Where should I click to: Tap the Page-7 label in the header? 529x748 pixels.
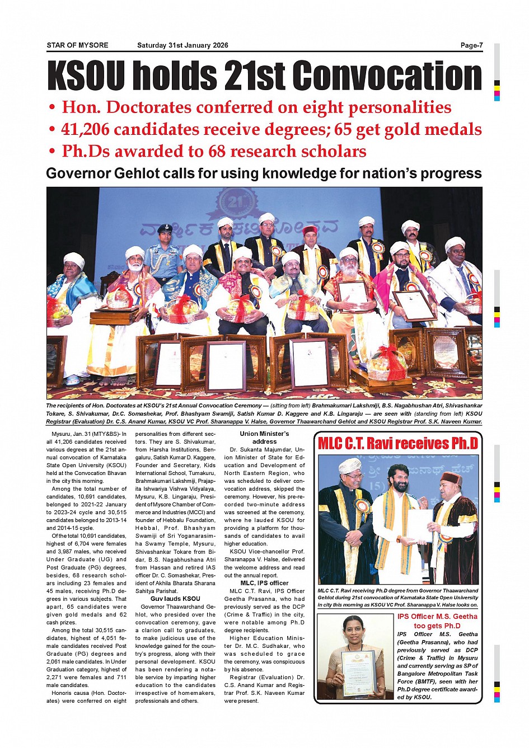471,45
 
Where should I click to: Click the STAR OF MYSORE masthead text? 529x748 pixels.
77,45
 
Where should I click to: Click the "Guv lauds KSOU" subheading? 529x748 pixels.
175,599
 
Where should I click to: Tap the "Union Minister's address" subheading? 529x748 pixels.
264,437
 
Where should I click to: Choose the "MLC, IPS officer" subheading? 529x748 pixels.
264,583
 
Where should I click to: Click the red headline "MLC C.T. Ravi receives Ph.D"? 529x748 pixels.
398,444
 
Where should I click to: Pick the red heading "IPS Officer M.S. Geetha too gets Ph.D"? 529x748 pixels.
437,621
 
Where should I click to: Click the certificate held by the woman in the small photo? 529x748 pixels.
359,674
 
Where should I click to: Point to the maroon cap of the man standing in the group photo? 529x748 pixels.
310,230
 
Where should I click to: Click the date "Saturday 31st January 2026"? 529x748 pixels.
182,45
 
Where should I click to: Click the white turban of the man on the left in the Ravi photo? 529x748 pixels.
350,465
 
